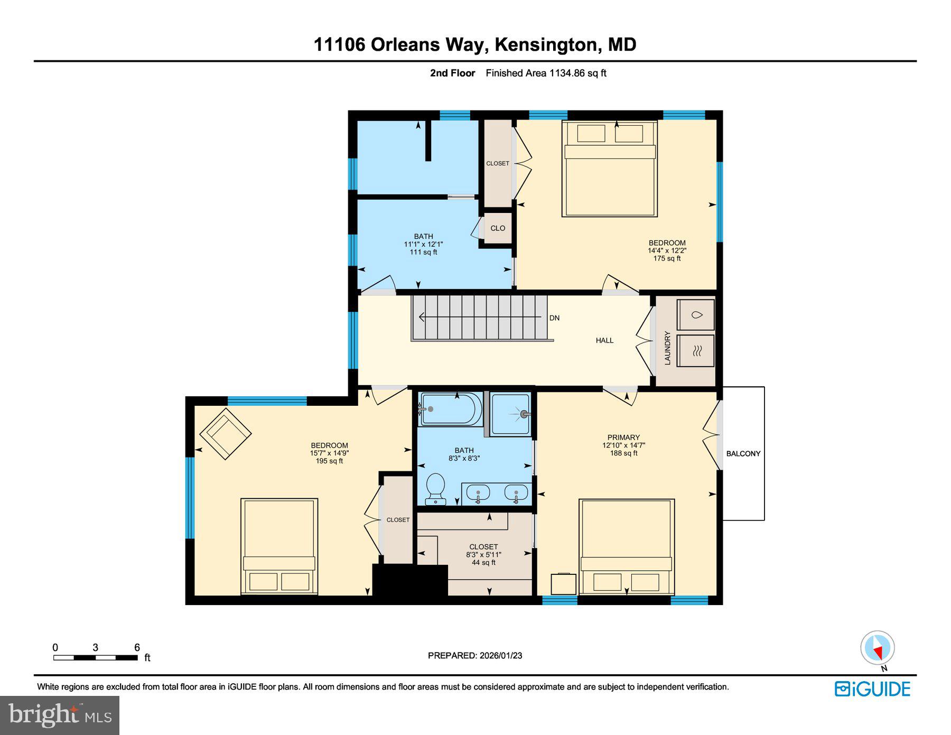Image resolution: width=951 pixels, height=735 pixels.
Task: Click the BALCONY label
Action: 743,453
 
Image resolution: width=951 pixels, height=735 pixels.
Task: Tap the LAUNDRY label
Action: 667,348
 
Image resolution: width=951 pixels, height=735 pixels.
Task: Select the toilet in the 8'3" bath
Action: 436,488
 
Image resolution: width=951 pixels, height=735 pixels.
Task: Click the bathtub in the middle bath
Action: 450,409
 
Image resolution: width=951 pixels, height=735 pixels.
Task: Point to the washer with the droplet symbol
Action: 696,315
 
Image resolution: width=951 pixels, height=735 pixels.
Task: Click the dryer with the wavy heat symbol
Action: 696,350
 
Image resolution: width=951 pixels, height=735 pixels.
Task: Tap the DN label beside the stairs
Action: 554,318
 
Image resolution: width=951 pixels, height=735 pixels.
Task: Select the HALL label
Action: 604,340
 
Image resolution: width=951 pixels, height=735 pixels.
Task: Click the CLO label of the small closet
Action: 498,228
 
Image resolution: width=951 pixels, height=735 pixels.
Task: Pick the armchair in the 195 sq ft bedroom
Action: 226,433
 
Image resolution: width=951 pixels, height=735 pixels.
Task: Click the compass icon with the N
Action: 878,648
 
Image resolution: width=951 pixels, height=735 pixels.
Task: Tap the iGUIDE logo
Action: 872,689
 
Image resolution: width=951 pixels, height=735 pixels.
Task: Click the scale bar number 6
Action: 137,647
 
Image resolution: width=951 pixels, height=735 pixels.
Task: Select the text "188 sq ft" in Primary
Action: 623,453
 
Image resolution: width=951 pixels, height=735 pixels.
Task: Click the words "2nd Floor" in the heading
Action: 452,73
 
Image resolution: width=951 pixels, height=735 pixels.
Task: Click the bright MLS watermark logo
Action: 60,715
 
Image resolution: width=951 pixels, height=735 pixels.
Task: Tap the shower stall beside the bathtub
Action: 510,414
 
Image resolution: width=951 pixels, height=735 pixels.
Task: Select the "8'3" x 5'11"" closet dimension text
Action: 483,555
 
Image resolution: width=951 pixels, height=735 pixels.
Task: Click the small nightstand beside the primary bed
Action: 563,584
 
